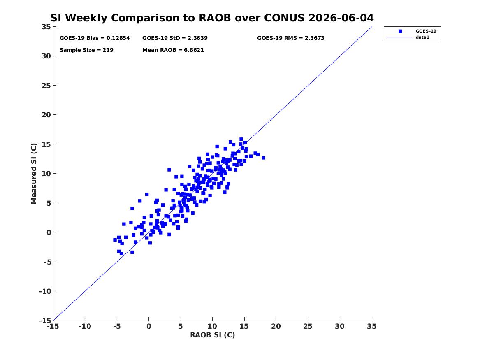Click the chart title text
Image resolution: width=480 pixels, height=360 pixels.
212,18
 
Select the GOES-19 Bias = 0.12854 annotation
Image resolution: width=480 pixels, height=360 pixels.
95,38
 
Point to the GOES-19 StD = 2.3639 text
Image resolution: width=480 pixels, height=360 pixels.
175,38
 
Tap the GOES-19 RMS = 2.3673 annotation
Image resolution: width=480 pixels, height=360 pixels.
290,38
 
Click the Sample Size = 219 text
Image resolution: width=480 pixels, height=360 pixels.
86,50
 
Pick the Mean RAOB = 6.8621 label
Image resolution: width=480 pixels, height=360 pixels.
173,50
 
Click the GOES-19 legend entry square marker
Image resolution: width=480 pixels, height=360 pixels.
400,31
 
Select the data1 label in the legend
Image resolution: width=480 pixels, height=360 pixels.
422,37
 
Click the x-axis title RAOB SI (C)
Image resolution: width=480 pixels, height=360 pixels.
213,335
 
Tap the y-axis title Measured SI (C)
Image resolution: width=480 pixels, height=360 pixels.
34,174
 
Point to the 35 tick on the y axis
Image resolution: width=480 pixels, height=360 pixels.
46,27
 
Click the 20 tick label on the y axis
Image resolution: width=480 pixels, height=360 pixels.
46,115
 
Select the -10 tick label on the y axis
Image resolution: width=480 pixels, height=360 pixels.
45,291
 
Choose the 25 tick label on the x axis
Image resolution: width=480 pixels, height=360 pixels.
308,326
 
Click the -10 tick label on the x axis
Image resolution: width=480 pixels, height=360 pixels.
85,326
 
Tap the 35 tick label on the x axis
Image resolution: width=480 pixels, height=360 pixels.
372,326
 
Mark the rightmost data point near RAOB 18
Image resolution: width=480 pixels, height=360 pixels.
263,158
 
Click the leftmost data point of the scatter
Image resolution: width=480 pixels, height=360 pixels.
115,240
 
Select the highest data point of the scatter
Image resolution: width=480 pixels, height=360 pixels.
241,139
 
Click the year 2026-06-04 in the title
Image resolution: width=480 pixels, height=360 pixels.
341,18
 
